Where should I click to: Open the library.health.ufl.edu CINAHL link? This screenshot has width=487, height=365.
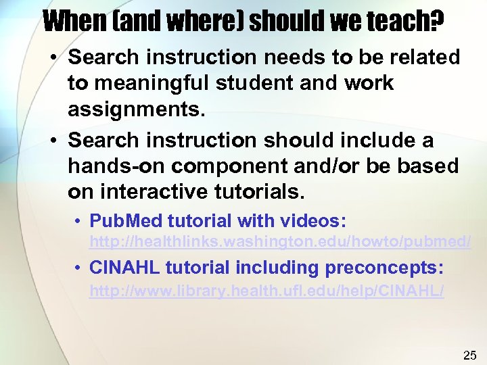click(x=267, y=292)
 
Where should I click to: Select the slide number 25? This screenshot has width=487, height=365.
click(x=469, y=355)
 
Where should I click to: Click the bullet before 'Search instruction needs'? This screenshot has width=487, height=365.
click(x=53, y=58)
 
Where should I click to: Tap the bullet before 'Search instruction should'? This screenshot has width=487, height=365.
click(x=53, y=141)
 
